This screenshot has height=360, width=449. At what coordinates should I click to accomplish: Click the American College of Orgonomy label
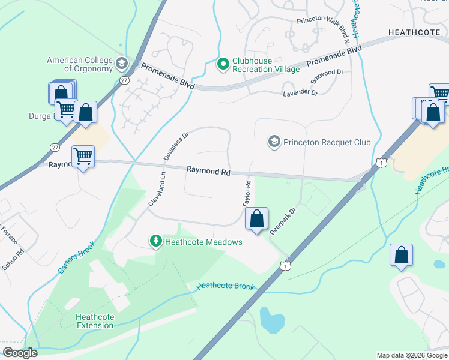(x=79, y=64)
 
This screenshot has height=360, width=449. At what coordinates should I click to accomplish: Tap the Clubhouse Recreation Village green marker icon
(x=223, y=63)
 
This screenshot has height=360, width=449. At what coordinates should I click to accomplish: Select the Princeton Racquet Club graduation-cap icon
(x=274, y=142)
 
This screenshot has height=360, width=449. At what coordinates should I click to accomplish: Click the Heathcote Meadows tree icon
(x=156, y=241)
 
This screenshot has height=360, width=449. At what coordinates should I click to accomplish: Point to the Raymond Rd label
(x=208, y=171)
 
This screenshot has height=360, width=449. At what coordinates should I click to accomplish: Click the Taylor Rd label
(x=247, y=193)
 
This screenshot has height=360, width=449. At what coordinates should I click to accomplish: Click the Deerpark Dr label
(x=283, y=221)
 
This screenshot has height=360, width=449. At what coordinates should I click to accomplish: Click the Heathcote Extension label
(x=95, y=321)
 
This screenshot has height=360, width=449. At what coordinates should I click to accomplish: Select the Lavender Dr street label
(x=300, y=92)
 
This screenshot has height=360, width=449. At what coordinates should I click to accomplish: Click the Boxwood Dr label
(x=326, y=76)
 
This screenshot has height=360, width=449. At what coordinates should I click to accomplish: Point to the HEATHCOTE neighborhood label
(x=415, y=32)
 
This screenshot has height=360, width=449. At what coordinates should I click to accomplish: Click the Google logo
(x=20, y=353)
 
